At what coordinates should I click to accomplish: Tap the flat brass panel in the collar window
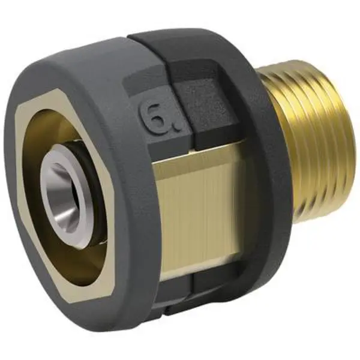[198, 204]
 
